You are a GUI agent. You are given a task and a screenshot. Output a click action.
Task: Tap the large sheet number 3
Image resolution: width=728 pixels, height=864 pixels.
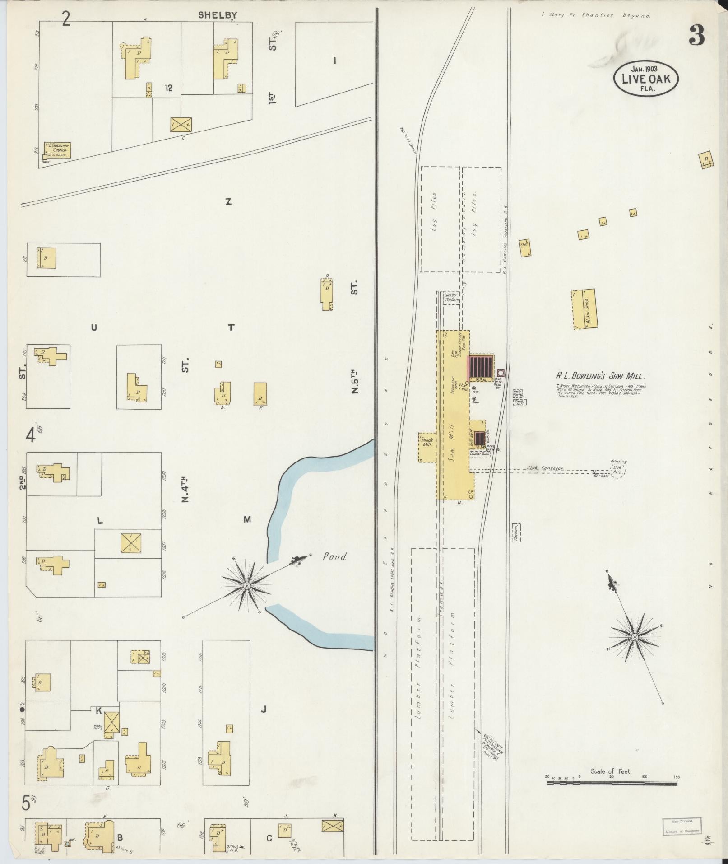pos(696,36)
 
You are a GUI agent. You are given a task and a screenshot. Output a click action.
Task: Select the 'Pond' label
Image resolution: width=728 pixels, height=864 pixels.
pos(334,557)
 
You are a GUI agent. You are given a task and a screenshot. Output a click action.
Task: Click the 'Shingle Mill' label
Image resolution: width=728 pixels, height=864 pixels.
pos(427,442)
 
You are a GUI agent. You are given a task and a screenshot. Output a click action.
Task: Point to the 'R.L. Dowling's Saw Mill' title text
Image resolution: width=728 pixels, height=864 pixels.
pos(600,376)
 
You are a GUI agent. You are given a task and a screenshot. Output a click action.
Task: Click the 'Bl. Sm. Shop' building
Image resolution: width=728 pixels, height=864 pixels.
pos(583,309)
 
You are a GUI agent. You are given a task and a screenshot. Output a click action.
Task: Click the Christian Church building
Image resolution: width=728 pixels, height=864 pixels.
pos(57,150)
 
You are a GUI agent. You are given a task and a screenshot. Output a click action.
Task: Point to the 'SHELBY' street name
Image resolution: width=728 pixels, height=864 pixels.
pos(218,15)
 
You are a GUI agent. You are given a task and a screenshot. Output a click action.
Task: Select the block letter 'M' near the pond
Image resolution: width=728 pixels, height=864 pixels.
pos(247,519)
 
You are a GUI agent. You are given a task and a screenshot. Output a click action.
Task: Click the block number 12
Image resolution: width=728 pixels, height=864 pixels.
pos(169,88)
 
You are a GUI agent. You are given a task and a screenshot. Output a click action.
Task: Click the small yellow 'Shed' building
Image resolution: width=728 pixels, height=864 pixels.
pos(524,248)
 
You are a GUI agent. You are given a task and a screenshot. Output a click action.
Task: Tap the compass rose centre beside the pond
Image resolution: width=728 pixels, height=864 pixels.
pos(246,585)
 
